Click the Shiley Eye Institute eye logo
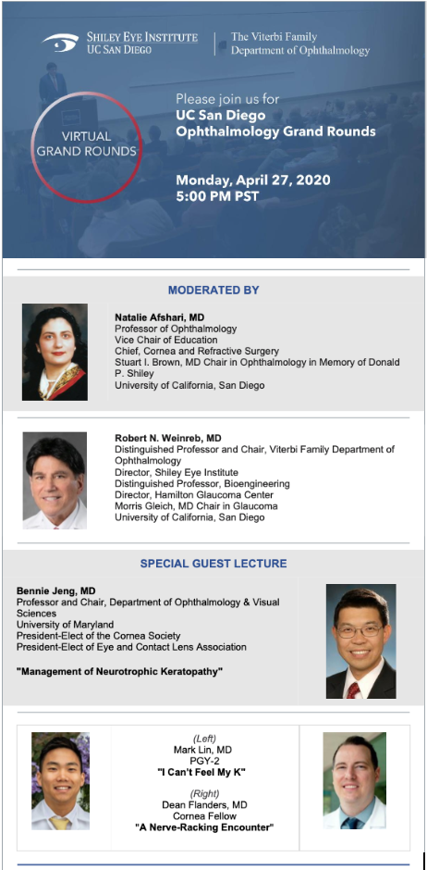[60, 43]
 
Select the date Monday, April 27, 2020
[253, 180]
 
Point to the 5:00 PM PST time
[217, 196]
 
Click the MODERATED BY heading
[213, 291]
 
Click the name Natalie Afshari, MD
[160, 317]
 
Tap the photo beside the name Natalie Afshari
[55, 352]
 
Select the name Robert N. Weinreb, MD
[168, 438]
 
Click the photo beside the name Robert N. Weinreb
[55, 480]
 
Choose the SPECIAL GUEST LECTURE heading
[213, 564]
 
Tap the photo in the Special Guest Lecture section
[361, 640]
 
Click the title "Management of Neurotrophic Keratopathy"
[119, 672]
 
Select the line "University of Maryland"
[66, 625]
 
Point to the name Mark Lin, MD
[204, 751]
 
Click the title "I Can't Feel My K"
[204, 773]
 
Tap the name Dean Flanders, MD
[204, 804]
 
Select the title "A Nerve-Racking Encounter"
[204, 827]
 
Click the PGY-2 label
[204, 761]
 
